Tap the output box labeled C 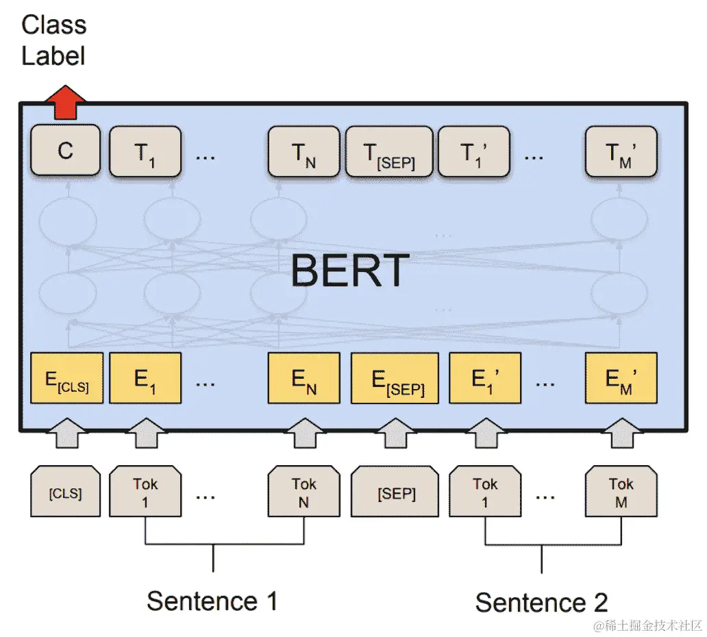click(x=66, y=151)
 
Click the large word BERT click(x=349, y=270)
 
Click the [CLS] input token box click(x=66, y=492)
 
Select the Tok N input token click(x=303, y=492)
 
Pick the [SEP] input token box click(x=395, y=492)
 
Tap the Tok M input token click(x=621, y=492)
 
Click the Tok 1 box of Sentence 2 click(x=485, y=492)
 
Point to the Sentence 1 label click(x=212, y=601)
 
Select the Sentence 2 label click(x=541, y=603)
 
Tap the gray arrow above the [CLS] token click(x=66, y=433)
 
